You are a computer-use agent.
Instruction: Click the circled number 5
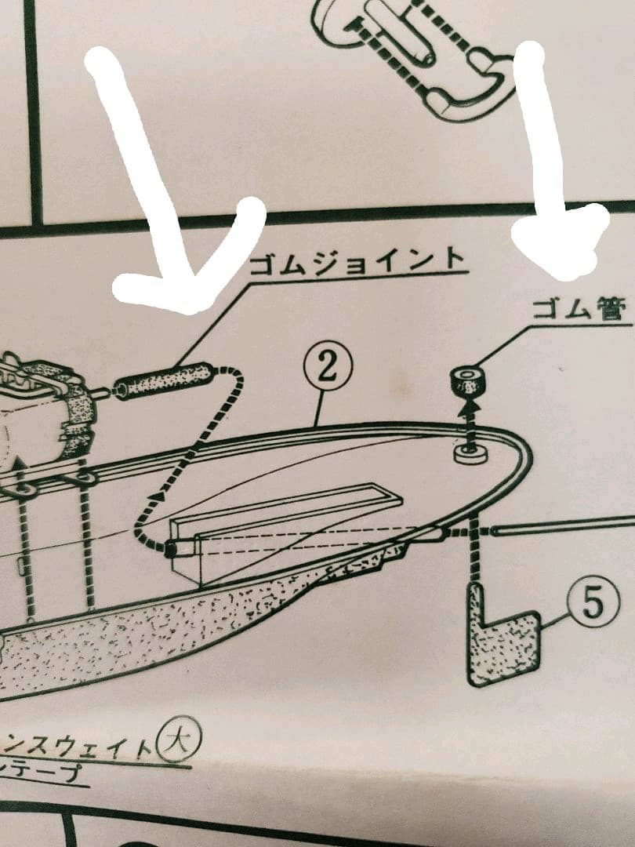pos(592,605)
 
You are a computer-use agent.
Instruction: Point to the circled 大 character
pos(180,740)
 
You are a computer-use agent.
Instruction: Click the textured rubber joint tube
pos(165,378)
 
